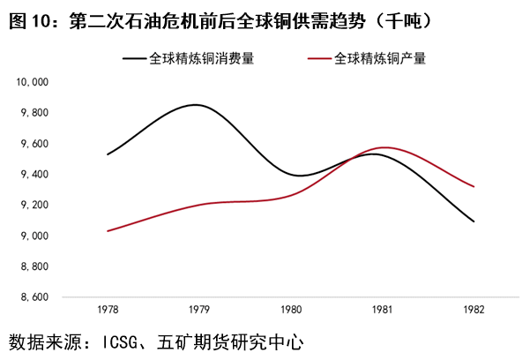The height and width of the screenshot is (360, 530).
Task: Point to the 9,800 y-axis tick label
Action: [34, 113]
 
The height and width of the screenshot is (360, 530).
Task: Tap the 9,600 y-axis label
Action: [34, 144]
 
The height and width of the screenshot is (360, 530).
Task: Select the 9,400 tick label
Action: [34, 175]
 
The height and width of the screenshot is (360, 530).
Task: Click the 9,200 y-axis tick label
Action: [34, 206]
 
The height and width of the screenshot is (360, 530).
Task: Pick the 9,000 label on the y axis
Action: [34, 236]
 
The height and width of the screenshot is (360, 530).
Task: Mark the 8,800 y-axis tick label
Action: [34, 266]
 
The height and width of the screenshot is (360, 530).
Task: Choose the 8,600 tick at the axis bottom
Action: [34, 297]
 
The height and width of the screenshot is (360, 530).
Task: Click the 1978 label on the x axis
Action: [108, 311]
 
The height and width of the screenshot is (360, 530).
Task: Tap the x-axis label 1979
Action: [199, 311]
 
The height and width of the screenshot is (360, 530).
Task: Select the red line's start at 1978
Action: [108, 231]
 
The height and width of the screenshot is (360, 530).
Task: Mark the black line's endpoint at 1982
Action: [474, 221]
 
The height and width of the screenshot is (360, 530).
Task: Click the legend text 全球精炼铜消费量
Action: [203, 59]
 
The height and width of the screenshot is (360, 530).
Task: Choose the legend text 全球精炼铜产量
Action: [380, 59]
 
